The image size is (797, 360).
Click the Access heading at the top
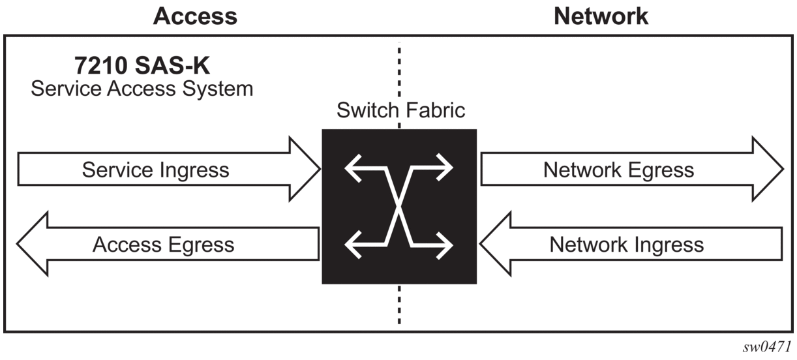point(195,16)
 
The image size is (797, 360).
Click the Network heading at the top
point(601,16)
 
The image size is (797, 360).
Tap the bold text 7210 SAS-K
point(142,65)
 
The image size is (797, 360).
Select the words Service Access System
point(142,89)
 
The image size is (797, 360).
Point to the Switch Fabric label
point(400,110)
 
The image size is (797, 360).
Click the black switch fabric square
point(399,207)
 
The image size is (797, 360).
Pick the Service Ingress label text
point(155,170)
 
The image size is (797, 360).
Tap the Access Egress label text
point(163,245)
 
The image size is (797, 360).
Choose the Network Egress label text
point(618,170)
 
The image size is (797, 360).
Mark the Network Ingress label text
point(627,245)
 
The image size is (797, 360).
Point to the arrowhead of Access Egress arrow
point(33,244)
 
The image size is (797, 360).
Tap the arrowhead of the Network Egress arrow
point(768,169)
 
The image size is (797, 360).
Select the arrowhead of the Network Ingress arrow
point(495,244)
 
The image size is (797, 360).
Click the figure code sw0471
point(766,346)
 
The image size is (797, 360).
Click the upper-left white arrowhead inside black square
point(352,168)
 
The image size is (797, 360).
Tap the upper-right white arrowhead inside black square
point(445,168)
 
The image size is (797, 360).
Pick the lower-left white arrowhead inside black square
point(352,245)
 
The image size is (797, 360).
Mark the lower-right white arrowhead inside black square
point(445,245)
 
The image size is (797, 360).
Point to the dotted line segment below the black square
point(399,305)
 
